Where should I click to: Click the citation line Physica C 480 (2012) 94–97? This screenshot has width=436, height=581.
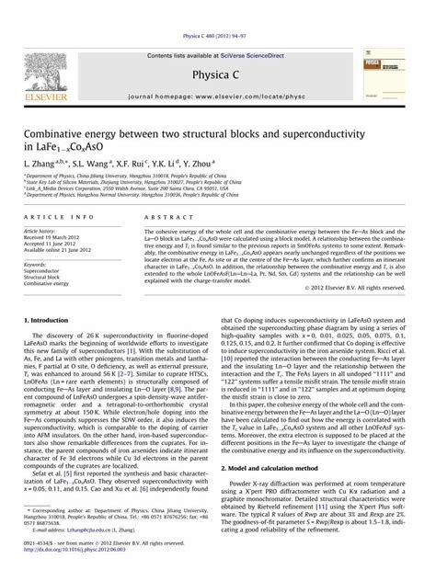218,6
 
